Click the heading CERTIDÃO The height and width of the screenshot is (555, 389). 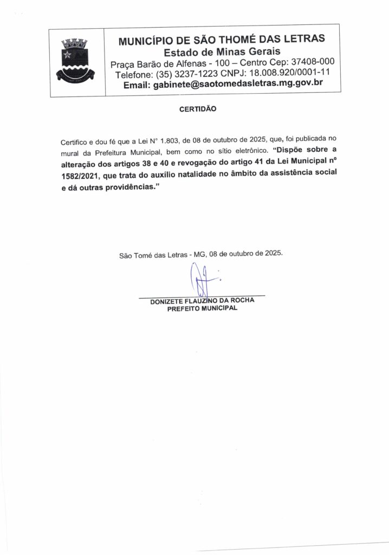click(x=197, y=109)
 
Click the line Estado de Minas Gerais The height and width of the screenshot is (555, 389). click(x=222, y=52)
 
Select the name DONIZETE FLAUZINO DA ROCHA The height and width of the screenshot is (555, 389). click(x=202, y=301)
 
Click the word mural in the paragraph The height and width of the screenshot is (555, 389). click(x=69, y=151)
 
